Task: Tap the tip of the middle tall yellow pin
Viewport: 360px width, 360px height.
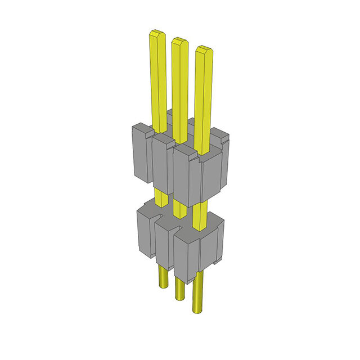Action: click(x=179, y=42)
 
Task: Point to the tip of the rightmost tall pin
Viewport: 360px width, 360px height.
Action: click(x=204, y=49)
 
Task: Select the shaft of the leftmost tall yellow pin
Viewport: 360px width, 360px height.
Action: click(x=158, y=79)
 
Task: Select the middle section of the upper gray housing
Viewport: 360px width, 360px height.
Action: click(x=161, y=163)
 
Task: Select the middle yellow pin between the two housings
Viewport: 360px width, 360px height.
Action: click(x=180, y=209)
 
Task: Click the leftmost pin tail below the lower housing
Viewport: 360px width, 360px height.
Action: click(x=162, y=276)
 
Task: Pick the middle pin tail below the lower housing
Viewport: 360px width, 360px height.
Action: click(x=179, y=287)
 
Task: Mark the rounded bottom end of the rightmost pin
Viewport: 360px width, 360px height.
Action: click(x=197, y=310)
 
